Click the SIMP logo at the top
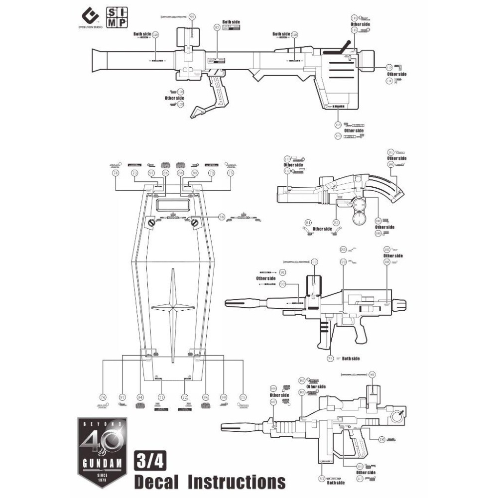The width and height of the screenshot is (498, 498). (x=116, y=17)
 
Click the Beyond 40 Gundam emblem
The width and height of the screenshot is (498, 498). (x=102, y=451)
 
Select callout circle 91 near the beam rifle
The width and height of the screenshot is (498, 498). (x=283, y=272)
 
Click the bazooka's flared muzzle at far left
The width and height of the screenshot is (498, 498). (x=99, y=59)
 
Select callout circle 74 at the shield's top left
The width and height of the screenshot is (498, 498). (x=116, y=173)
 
